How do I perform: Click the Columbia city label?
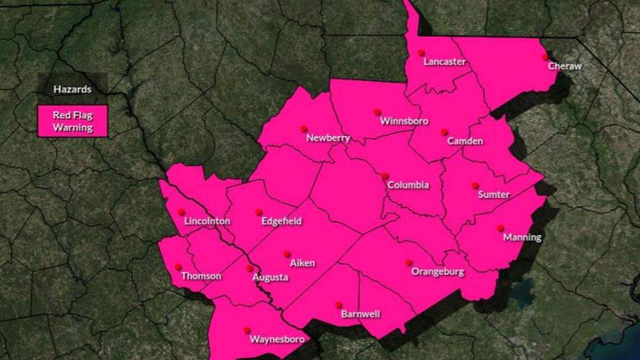[408, 185]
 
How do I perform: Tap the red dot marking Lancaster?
[421, 53]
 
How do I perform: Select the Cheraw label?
[565, 66]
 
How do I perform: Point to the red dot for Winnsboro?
[377, 112]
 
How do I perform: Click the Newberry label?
[328, 138]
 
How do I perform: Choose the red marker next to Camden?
[444, 132]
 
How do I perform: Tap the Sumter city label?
[493, 195]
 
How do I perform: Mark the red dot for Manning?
[500, 228]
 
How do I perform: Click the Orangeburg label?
[438, 272]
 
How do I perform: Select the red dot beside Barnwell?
[339, 305]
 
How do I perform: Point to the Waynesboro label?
[277, 339]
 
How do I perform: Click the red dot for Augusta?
[250, 268]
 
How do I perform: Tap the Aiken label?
[302, 263]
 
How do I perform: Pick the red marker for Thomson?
[179, 267]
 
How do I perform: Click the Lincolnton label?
[207, 221]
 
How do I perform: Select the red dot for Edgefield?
[258, 212]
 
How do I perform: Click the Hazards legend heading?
[72, 89]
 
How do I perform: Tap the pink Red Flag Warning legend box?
[72, 121]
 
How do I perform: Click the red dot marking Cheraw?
[545, 57]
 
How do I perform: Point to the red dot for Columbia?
[385, 176]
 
